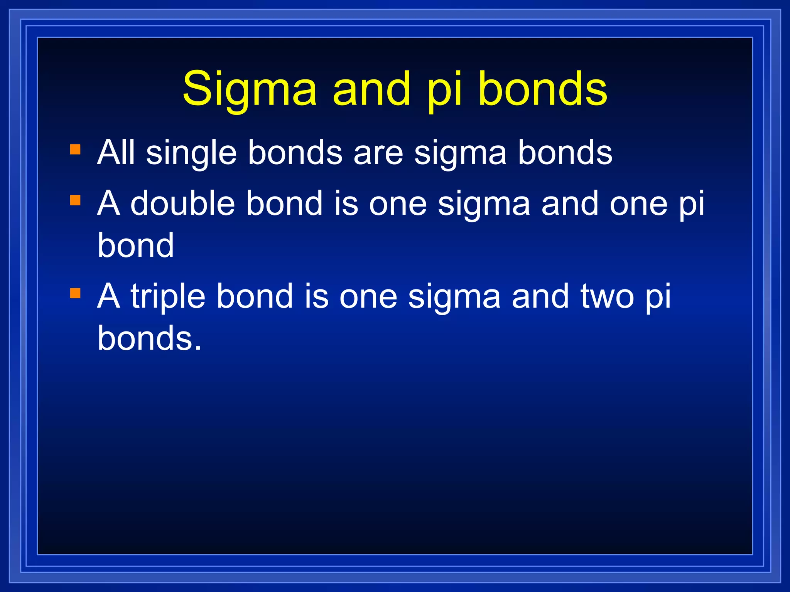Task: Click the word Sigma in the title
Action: point(250,89)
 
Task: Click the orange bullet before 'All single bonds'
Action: point(75,149)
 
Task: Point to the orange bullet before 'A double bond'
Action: point(75,200)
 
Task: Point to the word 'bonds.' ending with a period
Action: point(150,338)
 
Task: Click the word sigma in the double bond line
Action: point(484,205)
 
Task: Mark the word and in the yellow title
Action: point(371,89)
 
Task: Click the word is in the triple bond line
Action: point(316,296)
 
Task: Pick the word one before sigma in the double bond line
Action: point(398,204)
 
